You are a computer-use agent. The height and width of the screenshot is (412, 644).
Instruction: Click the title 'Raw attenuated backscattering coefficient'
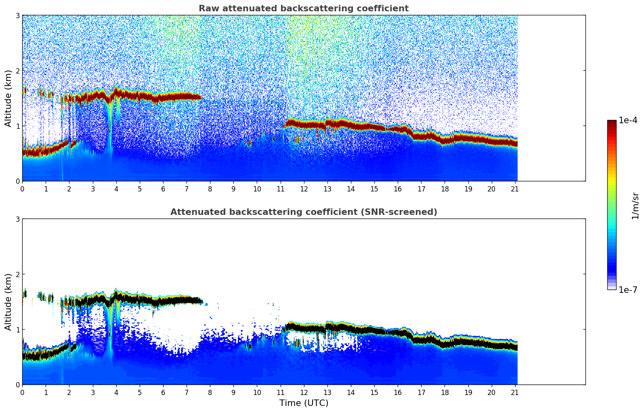303,8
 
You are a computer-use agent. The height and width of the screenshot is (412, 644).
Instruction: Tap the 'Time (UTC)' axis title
304,403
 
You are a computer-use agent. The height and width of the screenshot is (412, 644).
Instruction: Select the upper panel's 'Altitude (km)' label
8,98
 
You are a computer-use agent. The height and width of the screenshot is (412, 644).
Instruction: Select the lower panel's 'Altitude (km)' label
8,302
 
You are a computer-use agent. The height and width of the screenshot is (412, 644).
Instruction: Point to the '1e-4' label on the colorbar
628,120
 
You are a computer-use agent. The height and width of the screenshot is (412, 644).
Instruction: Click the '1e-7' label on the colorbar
628,290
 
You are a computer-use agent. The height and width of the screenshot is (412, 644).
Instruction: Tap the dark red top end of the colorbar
612,122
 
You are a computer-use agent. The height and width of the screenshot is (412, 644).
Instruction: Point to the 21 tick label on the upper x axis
515,189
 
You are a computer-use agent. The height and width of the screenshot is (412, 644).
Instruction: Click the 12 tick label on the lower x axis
304,392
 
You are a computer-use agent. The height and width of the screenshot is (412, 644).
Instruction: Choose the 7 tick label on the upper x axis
187,189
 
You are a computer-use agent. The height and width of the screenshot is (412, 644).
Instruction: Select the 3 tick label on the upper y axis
18,15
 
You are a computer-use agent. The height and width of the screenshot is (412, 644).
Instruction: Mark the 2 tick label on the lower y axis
18,274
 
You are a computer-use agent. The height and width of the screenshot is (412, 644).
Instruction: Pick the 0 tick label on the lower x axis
22,392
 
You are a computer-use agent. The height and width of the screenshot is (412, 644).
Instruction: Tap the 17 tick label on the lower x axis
421,392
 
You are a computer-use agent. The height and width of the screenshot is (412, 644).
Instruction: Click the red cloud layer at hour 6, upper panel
163,98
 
